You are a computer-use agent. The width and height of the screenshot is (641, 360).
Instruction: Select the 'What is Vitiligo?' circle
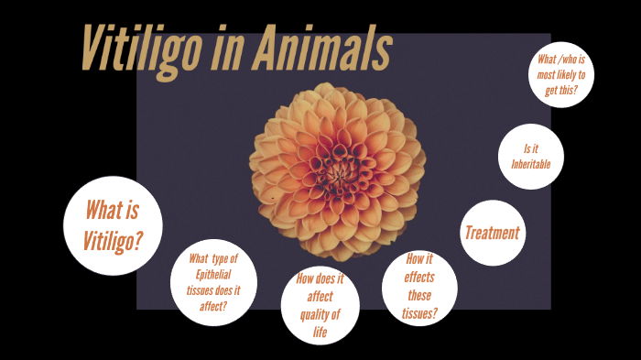point(113,225)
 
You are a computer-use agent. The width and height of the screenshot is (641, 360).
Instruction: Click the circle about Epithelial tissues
point(213,282)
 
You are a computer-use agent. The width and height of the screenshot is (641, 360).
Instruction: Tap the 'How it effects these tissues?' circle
point(419,287)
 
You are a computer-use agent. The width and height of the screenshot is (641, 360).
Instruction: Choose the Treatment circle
point(492,233)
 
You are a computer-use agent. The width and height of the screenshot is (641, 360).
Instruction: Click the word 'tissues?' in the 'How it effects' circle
point(419,313)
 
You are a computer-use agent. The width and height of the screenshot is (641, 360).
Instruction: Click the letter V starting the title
point(91,49)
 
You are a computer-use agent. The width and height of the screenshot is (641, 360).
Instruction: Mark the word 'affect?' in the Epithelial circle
point(213,306)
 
